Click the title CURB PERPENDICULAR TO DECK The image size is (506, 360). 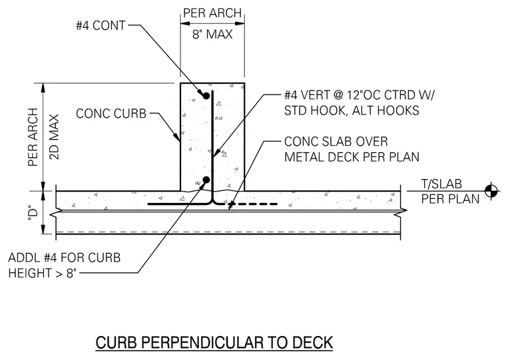pos(214,343)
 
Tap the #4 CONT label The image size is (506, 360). pos(101,25)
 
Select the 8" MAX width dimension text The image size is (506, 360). pos(212,34)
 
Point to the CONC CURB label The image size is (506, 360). pos(111,114)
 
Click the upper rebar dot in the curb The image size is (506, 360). pos(206,96)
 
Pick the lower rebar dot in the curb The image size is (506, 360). pos(206,180)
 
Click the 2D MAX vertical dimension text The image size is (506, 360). pos(55,137)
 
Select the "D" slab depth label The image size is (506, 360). pos(33,212)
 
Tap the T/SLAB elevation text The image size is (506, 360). pos(441,184)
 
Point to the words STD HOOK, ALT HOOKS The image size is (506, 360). pos(352,110)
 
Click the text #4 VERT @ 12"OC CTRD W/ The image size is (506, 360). pos(359,95)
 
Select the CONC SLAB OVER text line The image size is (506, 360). pos(336,142)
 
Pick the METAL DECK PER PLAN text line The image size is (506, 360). pos(352,157)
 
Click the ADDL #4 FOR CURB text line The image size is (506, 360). pos(64,258)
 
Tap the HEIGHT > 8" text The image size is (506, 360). pos(43,273)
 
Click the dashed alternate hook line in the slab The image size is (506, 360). pos(253,204)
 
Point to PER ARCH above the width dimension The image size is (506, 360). pos(212,13)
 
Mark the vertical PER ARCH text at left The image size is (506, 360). pos(33,137)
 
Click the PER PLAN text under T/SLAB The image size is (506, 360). pos(450,199)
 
